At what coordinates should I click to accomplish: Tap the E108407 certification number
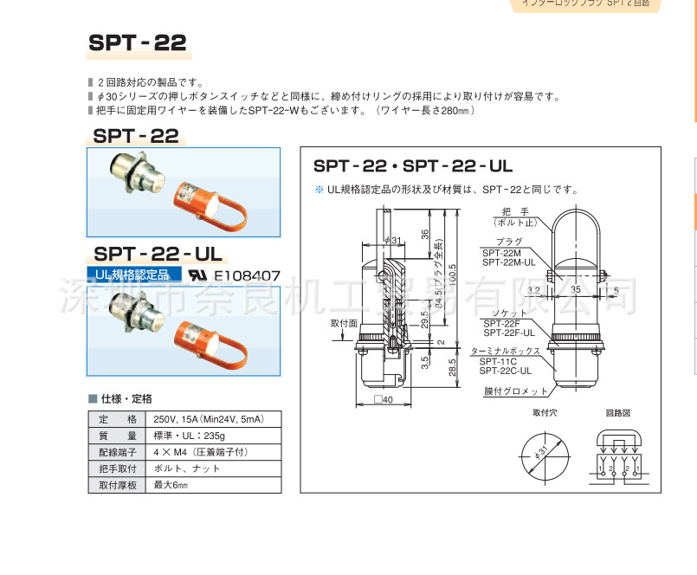(x=247, y=275)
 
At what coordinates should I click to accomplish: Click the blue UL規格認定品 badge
(x=133, y=275)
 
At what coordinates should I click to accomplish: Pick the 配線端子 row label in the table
(x=119, y=452)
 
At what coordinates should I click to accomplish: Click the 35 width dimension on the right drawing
(x=576, y=291)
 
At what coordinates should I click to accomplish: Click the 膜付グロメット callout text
(x=512, y=391)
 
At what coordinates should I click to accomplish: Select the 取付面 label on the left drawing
(x=344, y=322)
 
